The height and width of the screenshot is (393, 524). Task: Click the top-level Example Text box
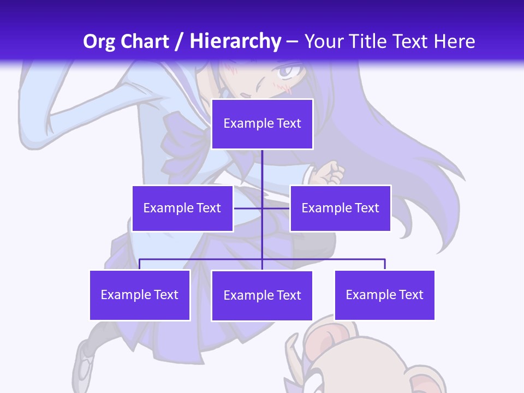coord(262,124)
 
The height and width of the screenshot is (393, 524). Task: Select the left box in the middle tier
coord(182,208)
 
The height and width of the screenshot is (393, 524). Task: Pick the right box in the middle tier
coord(340,208)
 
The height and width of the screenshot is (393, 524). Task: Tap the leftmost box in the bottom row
coord(140,295)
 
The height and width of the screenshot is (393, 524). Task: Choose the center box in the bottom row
coord(262,295)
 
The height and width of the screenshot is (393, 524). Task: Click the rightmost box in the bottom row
coord(384,295)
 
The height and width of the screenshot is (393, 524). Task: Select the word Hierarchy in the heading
coord(235,41)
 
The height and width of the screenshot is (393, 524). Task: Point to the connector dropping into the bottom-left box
coord(140,264)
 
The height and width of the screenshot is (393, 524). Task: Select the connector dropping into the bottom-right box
coord(385,264)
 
